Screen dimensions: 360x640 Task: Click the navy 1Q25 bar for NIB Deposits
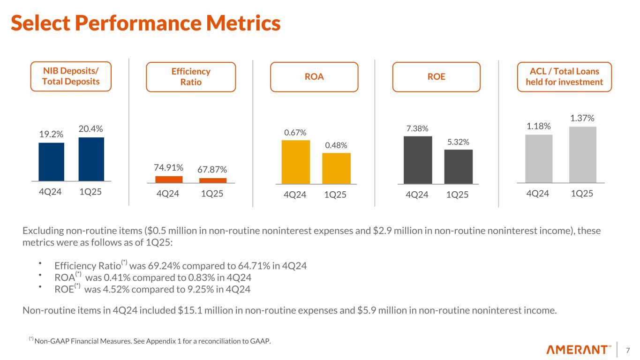pos(91,158)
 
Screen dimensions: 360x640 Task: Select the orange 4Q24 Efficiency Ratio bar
pos(169,179)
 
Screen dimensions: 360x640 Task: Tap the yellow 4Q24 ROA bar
pos(296,162)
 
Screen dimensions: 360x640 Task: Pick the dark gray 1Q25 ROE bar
pos(459,166)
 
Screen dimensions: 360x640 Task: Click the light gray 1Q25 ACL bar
pos(583,154)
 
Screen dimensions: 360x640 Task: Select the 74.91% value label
pos(169,168)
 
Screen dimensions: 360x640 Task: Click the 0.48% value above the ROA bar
pos(336,145)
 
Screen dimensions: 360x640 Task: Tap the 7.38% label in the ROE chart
pos(417,128)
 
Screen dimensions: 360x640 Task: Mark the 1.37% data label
pos(583,118)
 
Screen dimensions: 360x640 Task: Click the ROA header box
pos(314,77)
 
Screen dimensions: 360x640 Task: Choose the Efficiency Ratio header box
pos(191,77)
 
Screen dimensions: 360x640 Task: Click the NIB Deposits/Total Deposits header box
pos(71,76)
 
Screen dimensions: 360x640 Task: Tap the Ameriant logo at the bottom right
pos(579,350)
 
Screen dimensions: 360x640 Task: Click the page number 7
pos(628,350)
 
